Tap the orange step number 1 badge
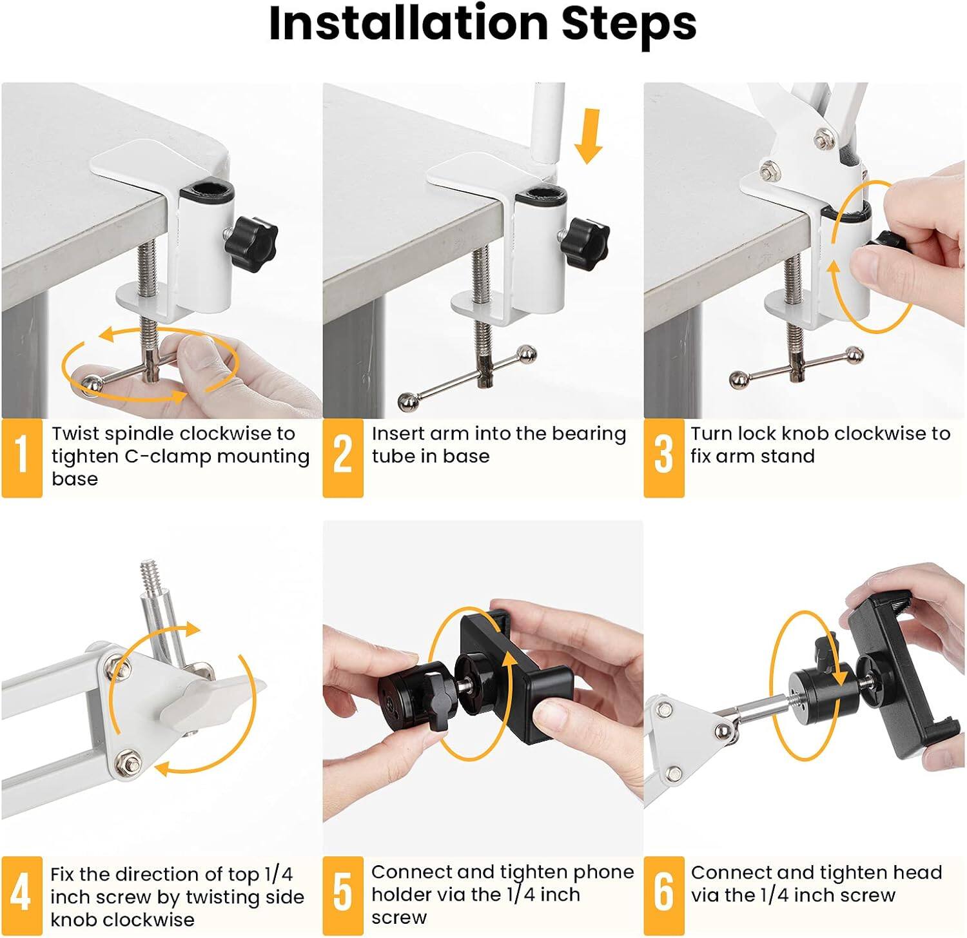click(22, 457)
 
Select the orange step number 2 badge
click(342, 457)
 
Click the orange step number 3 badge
click(663, 457)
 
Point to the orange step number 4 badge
click(22, 895)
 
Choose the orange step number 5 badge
click(342, 895)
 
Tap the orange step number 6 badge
click(663, 895)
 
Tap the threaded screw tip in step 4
click(150, 572)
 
